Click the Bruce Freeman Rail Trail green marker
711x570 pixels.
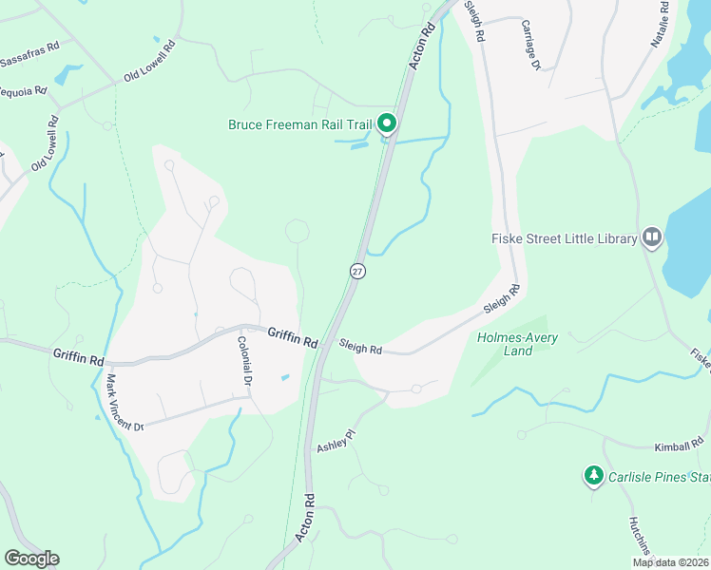387,123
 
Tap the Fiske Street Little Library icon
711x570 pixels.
651,237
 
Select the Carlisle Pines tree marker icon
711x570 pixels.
594,474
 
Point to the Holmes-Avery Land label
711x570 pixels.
517,344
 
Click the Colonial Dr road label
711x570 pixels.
244,361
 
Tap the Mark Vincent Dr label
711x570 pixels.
123,403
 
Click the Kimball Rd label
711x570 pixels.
677,446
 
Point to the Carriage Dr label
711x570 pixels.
530,47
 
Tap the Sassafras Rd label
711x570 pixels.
29,60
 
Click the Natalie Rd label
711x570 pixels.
660,24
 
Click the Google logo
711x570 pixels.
31,559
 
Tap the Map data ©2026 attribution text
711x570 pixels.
669,562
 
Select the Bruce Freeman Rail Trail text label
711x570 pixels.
300,124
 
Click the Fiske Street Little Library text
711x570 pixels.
564,238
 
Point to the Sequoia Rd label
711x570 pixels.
23,92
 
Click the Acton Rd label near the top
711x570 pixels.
421,46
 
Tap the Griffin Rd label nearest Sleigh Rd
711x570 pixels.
293,336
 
